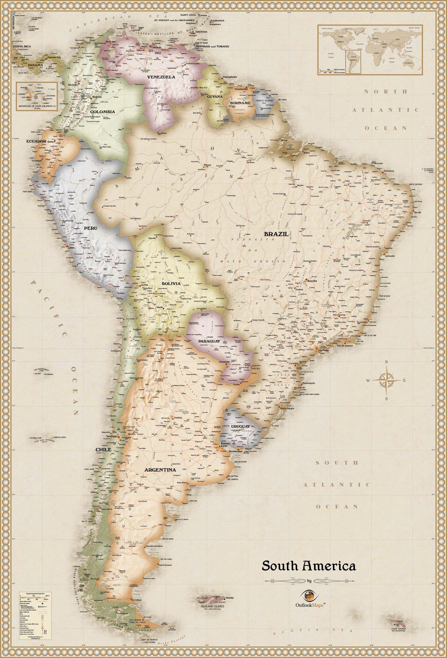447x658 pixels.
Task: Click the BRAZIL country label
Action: (x=276, y=234)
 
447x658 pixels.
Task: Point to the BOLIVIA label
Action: (x=171, y=283)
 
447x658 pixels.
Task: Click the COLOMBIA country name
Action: (x=102, y=111)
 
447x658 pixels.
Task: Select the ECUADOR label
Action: (x=36, y=141)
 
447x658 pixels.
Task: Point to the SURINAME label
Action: (x=240, y=103)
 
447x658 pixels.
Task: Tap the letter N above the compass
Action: (x=386, y=362)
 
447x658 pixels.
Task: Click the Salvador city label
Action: (x=389, y=256)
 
